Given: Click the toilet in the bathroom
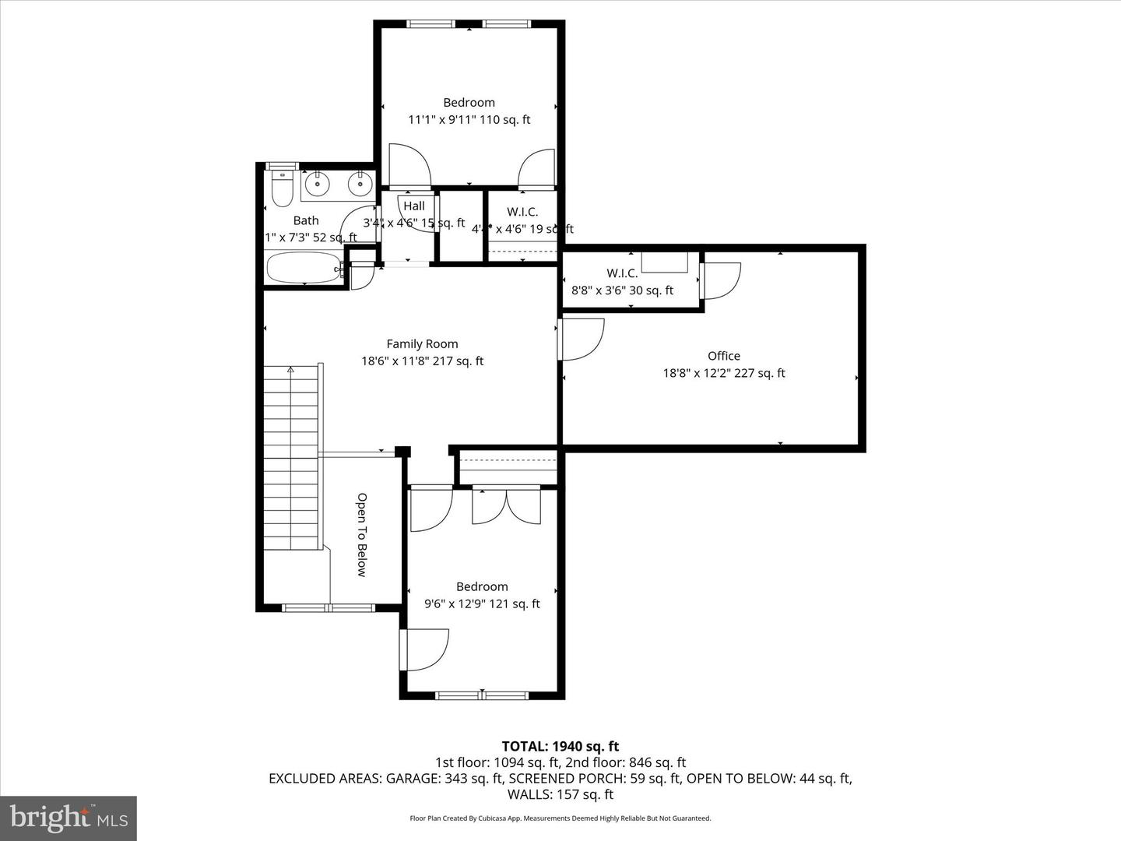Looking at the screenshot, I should [281, 187].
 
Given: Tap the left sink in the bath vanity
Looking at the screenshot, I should [317, 185].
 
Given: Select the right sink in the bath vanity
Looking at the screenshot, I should [359, 185].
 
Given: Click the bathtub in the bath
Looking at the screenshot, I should [304, 269].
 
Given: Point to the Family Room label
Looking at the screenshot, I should [422, 343].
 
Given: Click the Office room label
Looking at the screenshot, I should [723, 356].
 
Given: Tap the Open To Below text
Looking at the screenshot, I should [362, 534].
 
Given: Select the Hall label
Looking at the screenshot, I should [414, 206].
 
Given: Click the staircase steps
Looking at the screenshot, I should [291, 459].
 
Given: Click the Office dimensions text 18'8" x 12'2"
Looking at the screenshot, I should [723, 373].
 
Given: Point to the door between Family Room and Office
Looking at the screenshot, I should [580, 340].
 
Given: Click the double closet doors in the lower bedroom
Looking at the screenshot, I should [506, 506].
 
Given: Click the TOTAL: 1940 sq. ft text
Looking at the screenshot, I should [560, 746].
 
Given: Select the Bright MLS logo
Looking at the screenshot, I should [69, 818].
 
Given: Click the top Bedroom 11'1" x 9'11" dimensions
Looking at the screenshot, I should [469, 120].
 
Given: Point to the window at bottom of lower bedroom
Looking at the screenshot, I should [482, 695].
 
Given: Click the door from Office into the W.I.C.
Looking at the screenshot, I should [720, 280].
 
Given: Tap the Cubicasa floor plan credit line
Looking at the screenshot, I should [560, 818].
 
